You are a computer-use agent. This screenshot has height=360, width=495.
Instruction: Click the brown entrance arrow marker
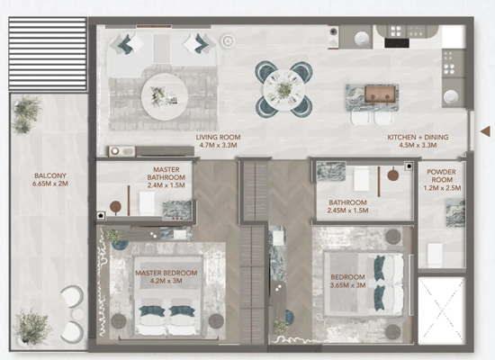[x=486, y=131]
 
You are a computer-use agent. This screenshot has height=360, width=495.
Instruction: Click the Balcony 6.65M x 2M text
[x=50, y=179]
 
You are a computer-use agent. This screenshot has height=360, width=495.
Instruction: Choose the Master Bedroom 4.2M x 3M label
[x=166, y=277]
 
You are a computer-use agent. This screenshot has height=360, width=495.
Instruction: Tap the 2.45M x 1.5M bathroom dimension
[x=348, y=211]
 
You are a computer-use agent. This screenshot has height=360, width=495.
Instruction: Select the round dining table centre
[x=283, y=90]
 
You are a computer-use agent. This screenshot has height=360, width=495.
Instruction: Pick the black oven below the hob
[x=397, y=43]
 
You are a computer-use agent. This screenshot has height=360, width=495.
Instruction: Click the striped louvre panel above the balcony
[x=48, y=54]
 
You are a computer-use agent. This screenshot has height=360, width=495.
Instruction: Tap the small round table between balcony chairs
[x=77, y=314]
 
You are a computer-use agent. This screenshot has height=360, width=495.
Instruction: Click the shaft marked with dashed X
[x=441, y=310]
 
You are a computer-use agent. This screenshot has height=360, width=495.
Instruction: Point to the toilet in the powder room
[x=435, y=254]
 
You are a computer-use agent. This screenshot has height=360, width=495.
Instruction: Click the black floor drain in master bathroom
[x=101, y=216]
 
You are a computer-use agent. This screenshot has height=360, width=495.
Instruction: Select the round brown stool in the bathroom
[x=393, y=175]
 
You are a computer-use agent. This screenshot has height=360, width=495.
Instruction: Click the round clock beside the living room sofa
[x=228, y=40]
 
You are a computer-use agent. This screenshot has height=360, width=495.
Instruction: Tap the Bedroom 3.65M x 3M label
[x=348, y=281]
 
